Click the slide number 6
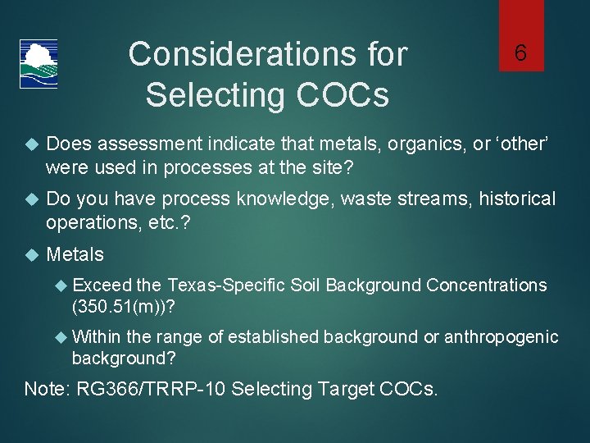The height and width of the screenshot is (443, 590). click(x=520, y=53)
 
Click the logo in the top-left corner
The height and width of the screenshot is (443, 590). click(x=39, y=63)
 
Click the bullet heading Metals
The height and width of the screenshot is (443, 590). click(x=75, y=254)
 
